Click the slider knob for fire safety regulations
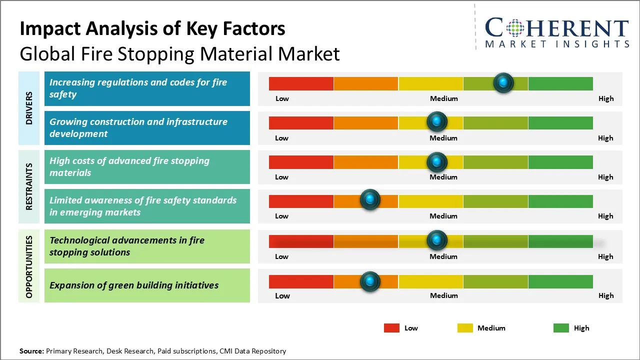point(503,82)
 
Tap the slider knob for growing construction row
point(437,121)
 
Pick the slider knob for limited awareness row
point(370,200)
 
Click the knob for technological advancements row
point(437,240)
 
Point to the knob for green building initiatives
point(370,281)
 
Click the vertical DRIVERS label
point(29,108)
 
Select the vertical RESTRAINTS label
point(29,186)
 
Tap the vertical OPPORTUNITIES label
point(29,266)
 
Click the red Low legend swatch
point(391,328)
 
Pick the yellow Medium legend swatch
point(465,328)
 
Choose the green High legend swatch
point(561,328)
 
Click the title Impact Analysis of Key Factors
point(152,29)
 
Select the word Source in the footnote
point(31,351)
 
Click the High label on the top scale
point(605,98)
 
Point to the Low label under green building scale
point(282,295)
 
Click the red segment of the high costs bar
point(301,162)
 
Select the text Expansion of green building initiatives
point(134,285)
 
